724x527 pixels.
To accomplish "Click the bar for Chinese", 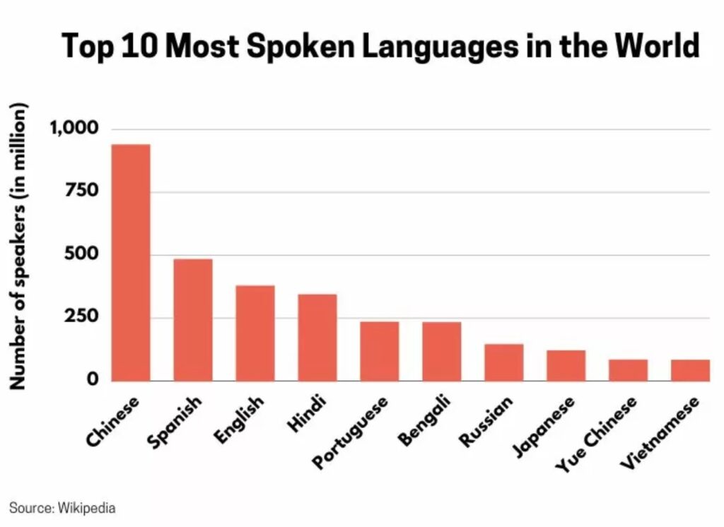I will coord(131,262).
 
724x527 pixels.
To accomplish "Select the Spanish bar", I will coord(193,319).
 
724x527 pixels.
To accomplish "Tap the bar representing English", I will coord(255,333).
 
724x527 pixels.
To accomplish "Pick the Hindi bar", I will coord(317,337).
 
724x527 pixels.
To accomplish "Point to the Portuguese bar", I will coord(380,351).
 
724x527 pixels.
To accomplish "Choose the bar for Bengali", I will coord(442,351).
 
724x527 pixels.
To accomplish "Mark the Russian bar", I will coord(504,362).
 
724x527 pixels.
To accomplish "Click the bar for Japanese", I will coord(566,365).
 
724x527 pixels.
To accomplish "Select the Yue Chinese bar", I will coord(628,370).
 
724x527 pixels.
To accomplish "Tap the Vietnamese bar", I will coord(690,370).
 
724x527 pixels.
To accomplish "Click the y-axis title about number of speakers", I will coord(19,247).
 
